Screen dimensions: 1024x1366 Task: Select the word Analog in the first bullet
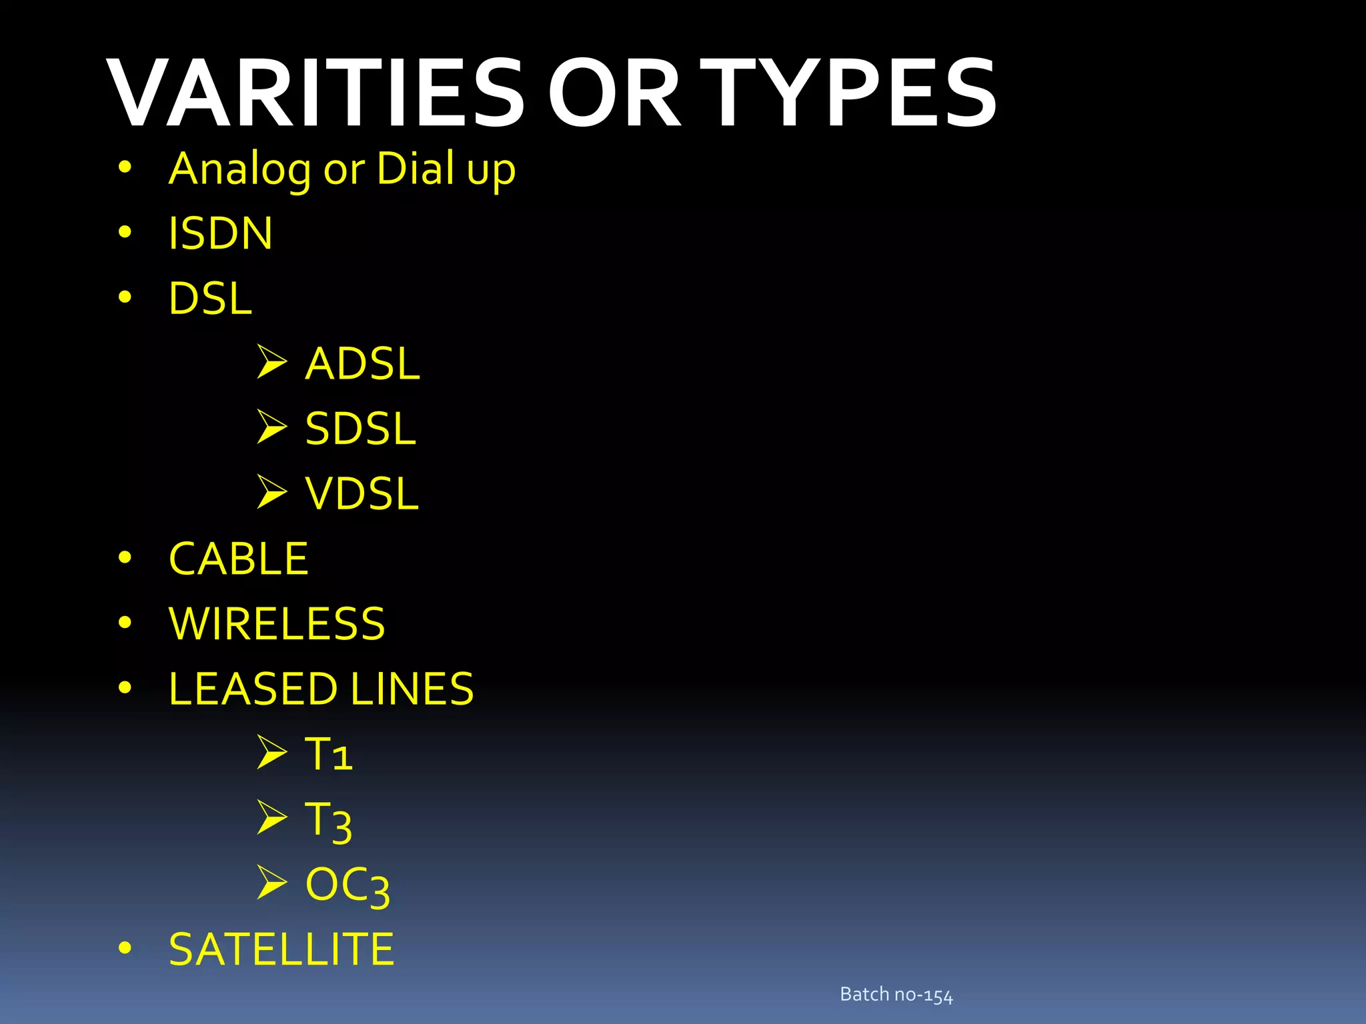pyautogui.click(x=239, y=169)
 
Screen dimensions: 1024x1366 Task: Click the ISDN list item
pyautogui.click(x=221, y=233)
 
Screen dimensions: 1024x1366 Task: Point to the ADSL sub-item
pyautogui.click(x=362, y=364)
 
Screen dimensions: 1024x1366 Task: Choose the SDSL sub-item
pyautogui.click(x=360, y=429)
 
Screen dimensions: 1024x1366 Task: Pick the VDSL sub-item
pyautogui.click(x=362, y=494)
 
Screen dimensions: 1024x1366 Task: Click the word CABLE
pyautogui.click(x=238, y=559)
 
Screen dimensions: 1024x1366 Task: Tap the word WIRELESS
pyautogui.click(x=277, y=624)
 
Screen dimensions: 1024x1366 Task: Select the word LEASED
pyautogui.click(x=253, y=689)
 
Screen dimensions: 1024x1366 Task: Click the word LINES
pyautogui.click(x=412, y=689)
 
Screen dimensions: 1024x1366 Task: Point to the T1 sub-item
pyautogui.click(x=328, y=755)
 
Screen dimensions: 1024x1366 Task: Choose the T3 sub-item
pyautogui.click(x=328, y=821)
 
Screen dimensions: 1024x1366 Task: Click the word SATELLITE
pyautogui.click(x=281, y=949)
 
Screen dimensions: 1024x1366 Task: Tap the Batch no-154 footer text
pyautogui.click(x=896, y=995)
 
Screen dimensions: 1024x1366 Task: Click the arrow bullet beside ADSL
pyautogui.click(x=271, y=362)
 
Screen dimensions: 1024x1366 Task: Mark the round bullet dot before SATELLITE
pyautogui.click(x=125, y=947)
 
